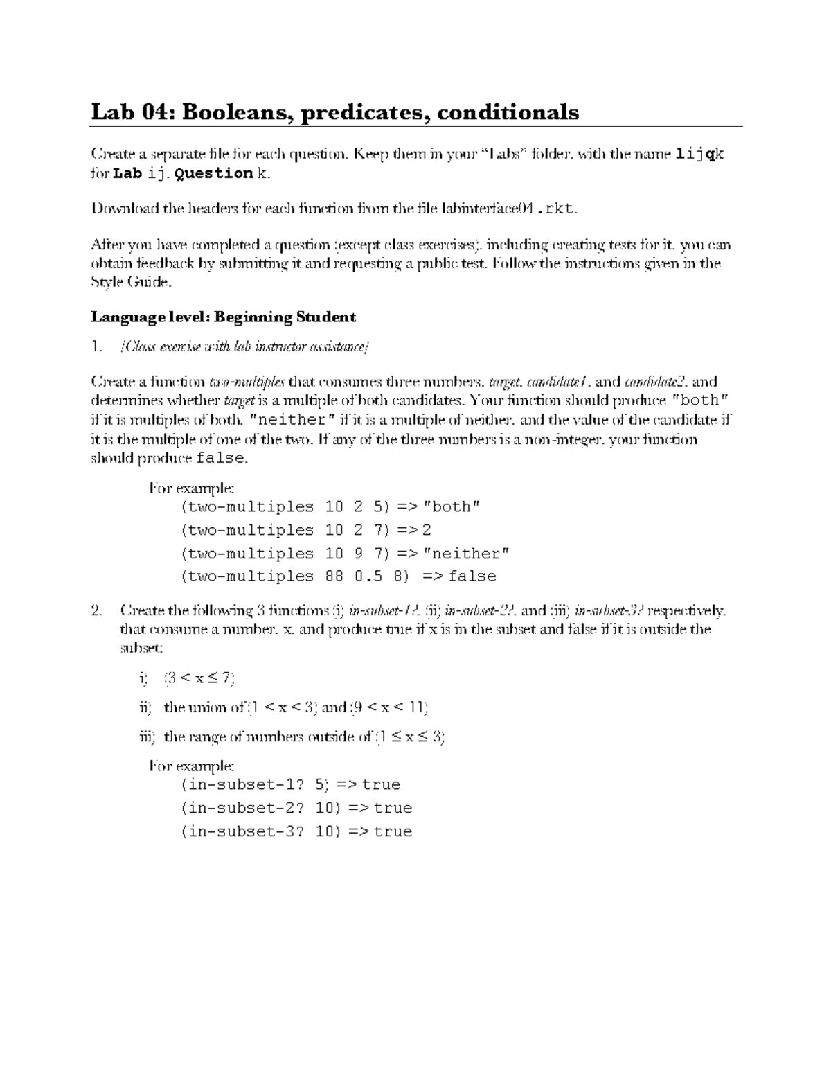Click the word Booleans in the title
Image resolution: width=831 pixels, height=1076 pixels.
235,112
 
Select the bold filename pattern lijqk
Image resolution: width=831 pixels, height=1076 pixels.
699,155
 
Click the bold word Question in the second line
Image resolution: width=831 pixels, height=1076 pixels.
214,173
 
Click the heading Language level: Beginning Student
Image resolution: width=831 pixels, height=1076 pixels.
223,317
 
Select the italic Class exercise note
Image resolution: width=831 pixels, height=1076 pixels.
244,347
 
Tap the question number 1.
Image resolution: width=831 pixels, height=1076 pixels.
96,347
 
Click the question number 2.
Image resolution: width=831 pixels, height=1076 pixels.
96,611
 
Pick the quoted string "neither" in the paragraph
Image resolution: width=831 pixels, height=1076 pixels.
292,420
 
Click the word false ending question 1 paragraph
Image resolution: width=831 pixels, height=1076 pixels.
220,459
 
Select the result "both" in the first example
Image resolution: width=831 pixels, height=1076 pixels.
451,507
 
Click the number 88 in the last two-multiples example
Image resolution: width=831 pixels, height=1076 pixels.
334,576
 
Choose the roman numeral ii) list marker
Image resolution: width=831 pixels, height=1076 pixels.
145,707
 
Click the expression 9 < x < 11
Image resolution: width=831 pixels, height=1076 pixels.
389,707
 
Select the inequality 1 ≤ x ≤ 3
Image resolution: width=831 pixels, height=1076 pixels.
409,737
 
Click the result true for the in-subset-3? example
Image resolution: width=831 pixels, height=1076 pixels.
393,831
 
